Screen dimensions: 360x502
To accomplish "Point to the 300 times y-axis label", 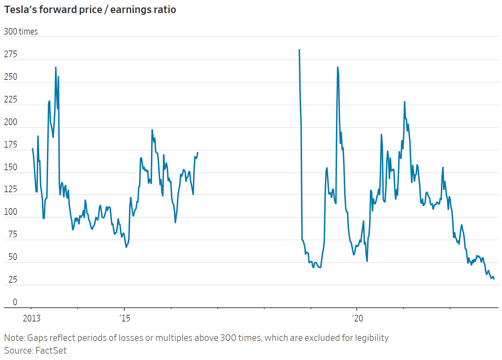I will click(x=21, y=31).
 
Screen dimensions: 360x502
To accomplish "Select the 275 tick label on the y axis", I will click(x=11, y=54).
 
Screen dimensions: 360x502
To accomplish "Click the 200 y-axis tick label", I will click(x=11, y=122).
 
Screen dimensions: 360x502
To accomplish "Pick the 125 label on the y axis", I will click(x=11, y=189).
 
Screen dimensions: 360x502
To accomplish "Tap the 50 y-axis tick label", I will click(x=13, y=257).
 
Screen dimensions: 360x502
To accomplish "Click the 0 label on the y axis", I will click(x=15, y=302).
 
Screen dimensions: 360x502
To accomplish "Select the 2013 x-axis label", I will click(x=32, y=318).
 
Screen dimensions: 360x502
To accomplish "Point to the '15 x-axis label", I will click(x=125, y=318).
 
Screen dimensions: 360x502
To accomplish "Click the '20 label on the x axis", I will click(x=358, y=318).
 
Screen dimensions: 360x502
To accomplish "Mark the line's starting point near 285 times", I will click(x=299, y=50).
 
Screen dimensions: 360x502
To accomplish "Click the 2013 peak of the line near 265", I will click(x=56, y=67).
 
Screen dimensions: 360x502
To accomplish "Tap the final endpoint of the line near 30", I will click(x=494, y=279).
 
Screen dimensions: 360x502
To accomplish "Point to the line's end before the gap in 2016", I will click(x=197, y=152).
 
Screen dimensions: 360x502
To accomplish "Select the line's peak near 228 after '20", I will click(x=404, y=102).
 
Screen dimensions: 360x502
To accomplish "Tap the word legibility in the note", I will click(x=372, y=338).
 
